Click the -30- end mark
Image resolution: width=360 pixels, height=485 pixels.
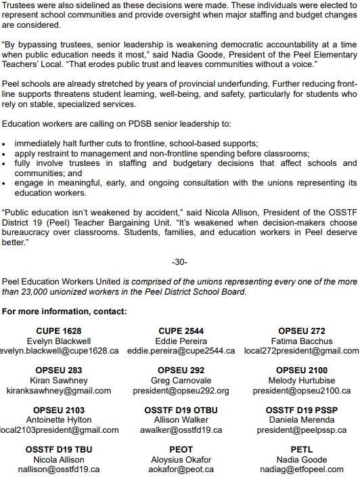click(x=179, y=262)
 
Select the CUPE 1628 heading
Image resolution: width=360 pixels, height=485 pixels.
click(x=59, y=331)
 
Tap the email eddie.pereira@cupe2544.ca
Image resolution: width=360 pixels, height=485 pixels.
click(x=181, y=351)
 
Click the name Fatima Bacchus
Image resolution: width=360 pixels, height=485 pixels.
click(x=301, y=341)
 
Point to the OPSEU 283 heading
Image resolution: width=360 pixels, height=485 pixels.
click(x=59, y=371)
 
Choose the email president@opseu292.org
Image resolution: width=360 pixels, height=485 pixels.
click(x=181, y=391)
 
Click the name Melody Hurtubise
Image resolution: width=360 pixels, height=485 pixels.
click(x=301, y=381)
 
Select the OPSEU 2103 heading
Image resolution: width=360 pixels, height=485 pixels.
click(x=59, y=410)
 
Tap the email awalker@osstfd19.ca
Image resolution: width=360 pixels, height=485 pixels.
click(x=181, y=430)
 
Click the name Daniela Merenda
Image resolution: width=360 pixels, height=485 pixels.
click(x=301, y=420)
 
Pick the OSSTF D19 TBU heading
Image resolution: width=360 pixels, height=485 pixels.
click(x=59, y=449)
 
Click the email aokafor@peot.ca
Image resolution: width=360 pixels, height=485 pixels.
click(x=181, y=469)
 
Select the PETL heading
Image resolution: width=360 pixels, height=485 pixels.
click(x=301, y=449)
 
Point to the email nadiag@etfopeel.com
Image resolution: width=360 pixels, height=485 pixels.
click(x=301, y=469)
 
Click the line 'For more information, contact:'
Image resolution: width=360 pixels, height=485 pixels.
click(x=64, y=312)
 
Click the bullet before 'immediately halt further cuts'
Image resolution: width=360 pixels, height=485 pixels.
click(x=5, y=144)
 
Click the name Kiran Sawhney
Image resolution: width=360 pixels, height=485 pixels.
click(x=59, y=381)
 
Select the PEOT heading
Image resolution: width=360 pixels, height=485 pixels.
click(x=181, y=449)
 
